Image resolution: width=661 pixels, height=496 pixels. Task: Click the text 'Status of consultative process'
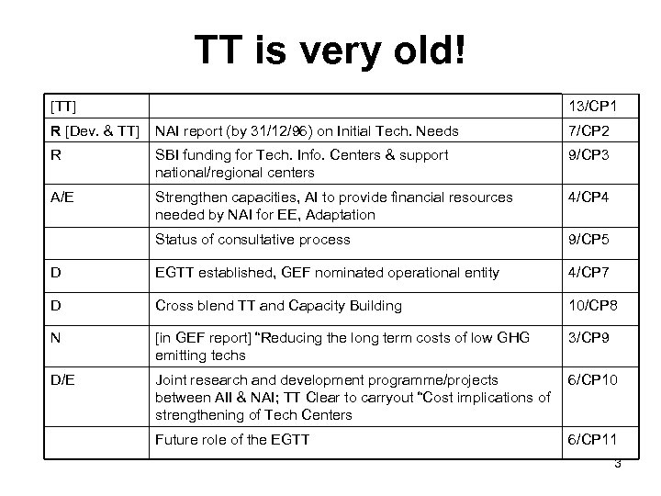pyautogui.click(x=252, y=239)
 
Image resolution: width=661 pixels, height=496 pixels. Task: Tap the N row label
pyautogui.click(x=57, y=338)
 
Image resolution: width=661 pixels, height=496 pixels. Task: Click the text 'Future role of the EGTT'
pyautogui.click(x=233, y=439)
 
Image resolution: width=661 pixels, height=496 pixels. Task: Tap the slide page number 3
pyautogui.click(x=618, y=464)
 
